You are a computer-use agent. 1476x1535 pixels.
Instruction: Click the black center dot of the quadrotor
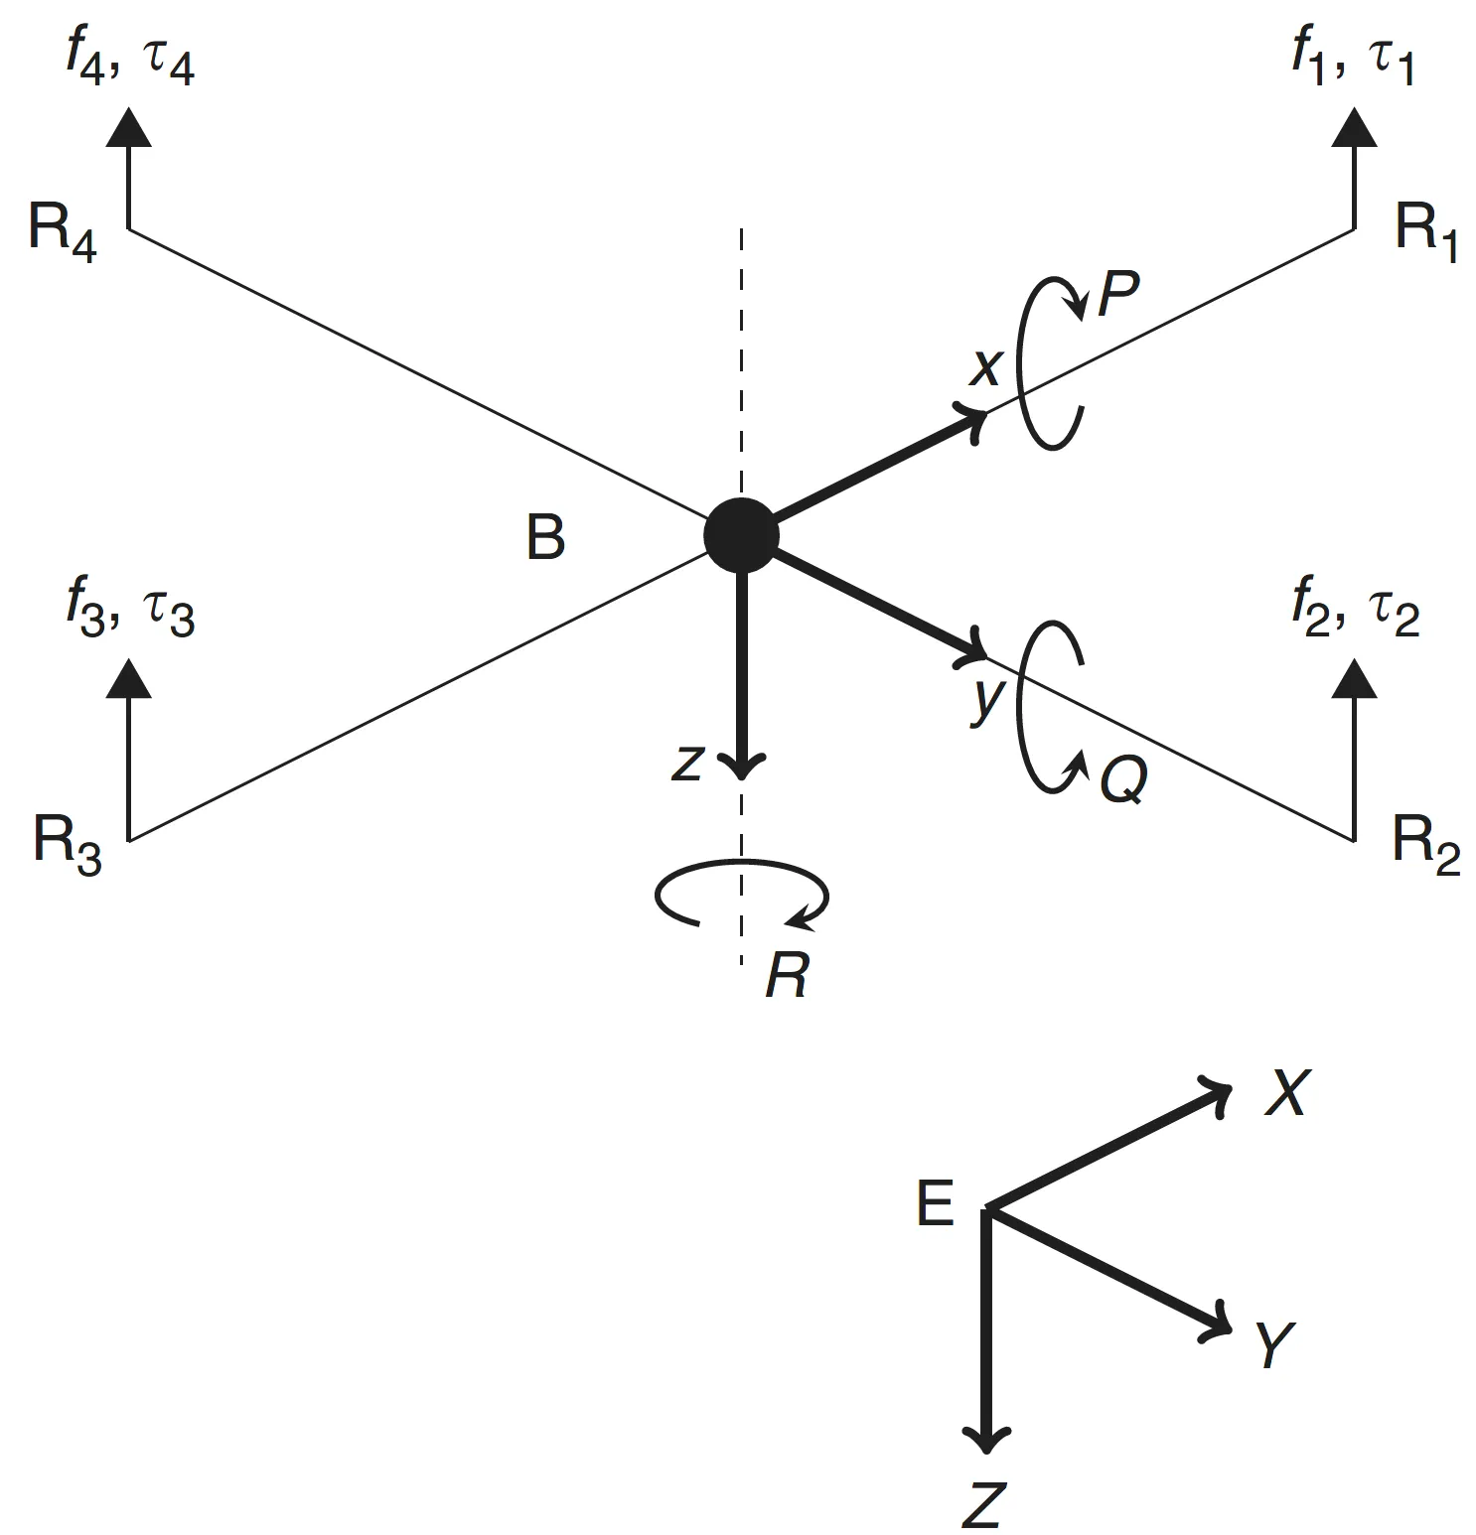coord(740,535)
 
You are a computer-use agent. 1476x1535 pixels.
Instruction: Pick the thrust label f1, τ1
coord(1353,61)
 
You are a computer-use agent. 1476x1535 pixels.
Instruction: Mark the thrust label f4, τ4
coord(130,61)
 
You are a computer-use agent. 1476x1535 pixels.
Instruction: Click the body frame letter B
coord(545,538)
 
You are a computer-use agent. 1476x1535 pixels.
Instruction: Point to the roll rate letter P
coord(1117,292)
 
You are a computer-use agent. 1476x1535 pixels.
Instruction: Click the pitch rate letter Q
coord(1123,780)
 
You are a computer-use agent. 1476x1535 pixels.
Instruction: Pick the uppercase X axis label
coord(1287,1093)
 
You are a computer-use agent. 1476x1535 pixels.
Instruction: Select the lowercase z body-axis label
coord(687,764)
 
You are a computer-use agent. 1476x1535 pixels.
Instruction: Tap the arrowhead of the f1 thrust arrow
coord(1353,127)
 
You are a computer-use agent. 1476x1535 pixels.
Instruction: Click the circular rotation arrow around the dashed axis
coord(741,897)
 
